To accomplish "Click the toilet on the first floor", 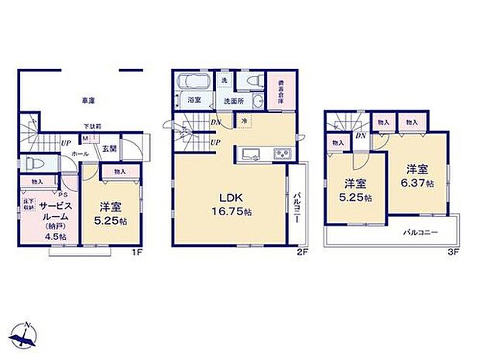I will (33, 164).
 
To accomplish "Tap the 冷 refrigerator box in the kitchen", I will (244, 122).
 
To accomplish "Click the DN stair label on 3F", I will (361, 135).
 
